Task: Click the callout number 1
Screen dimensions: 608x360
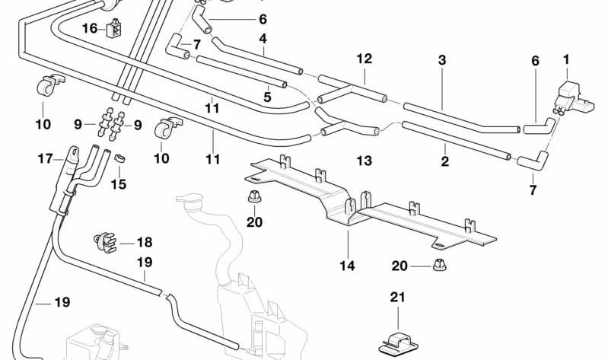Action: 566,60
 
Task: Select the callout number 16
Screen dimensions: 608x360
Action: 90,28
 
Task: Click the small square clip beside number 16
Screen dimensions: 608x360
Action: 114,28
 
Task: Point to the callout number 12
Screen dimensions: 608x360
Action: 364,59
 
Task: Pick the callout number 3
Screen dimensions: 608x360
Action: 442,60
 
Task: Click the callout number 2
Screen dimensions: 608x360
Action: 444,161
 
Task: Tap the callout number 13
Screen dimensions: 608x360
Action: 364,161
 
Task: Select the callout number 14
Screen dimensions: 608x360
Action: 347,266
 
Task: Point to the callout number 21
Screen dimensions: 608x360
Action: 397,297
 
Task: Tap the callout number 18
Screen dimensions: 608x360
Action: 145,243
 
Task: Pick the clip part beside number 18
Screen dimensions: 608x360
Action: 105,242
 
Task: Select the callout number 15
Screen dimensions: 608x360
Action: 119,184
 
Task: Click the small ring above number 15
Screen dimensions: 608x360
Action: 119,158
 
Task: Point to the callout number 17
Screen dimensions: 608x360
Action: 45,158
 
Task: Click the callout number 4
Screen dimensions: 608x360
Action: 263,39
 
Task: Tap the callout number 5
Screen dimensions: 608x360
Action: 267,97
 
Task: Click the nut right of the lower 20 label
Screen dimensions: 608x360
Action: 439,265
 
